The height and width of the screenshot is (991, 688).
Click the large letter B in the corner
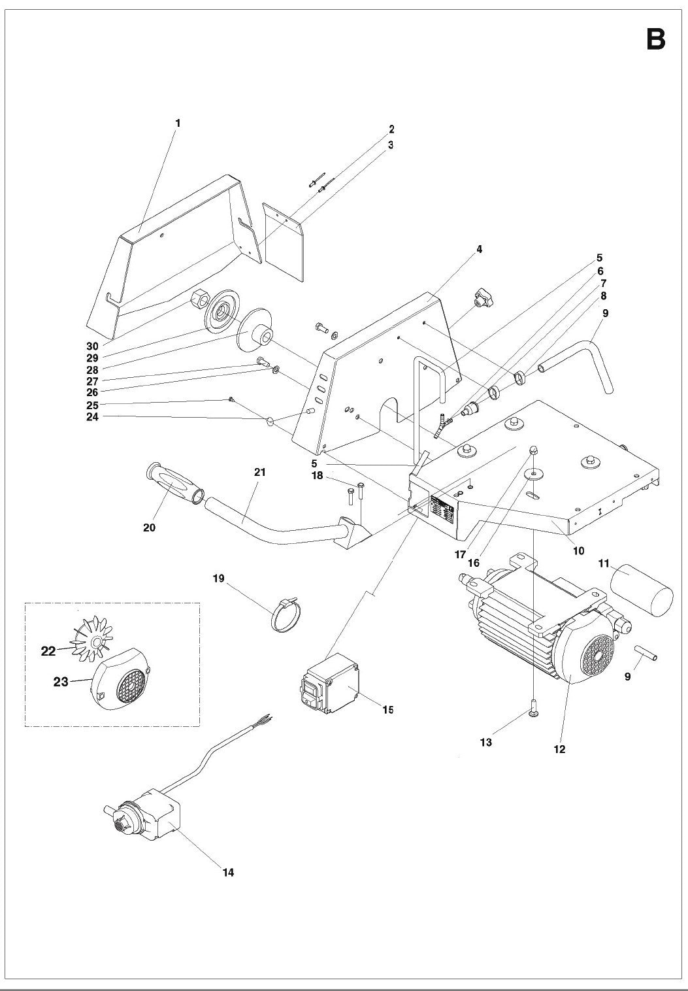(x=655, y=40)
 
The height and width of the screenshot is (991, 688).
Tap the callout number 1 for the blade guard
(x=178, y=123)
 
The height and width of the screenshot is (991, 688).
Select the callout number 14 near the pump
(x=228, y=872)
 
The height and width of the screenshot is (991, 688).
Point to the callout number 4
(x=479, y=249)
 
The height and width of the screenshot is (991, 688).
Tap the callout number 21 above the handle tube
(x=261, y=471)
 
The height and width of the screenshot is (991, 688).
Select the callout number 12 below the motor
(x=559, y=749)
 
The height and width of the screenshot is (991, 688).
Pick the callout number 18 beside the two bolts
(x=318, y=476)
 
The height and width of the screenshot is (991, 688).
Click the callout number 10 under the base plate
(x=578, y=550)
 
